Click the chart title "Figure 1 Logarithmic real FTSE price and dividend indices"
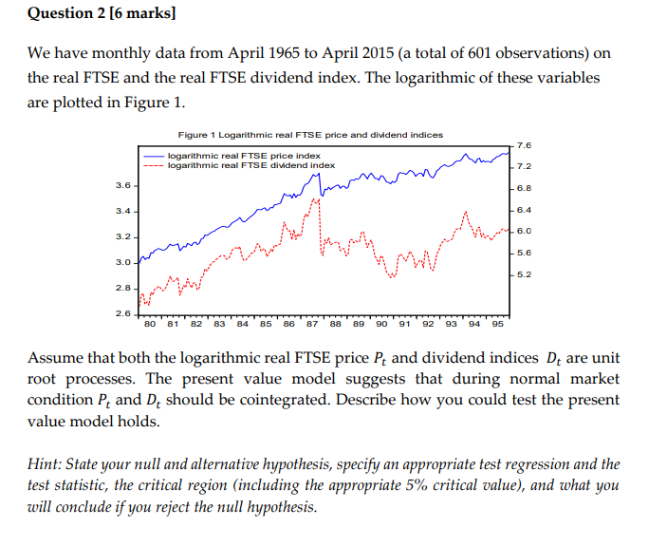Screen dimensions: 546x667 [309, 135]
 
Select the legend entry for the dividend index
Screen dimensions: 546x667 [250, 165]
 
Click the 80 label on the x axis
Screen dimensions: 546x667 [149, 324]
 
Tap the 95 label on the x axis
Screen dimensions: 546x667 [497, 324]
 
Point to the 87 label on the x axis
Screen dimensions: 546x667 [311, 324]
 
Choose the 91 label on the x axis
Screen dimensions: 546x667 [404, 324]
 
